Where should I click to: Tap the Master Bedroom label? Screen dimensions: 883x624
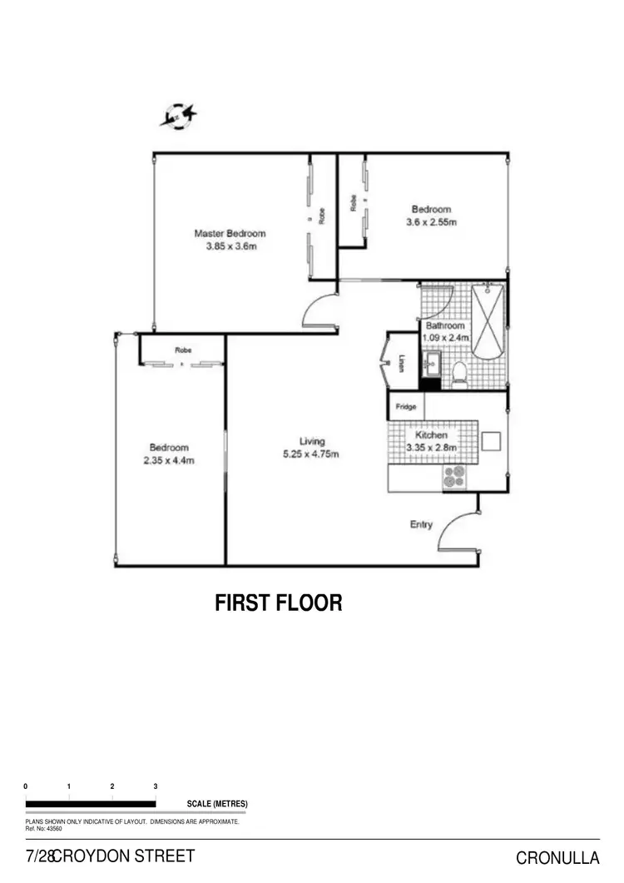tap(230, 233)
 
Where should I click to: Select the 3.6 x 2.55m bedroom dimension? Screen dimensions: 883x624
tap(431, 222)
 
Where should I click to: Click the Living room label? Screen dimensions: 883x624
tap(313, 441)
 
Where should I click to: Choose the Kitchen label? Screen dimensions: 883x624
tap(431, 434)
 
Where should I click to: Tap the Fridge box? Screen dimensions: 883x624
tap(406, 407)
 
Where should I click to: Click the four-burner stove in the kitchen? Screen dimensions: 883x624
tap(453, 476)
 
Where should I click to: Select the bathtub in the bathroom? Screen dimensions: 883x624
tap(488, 321)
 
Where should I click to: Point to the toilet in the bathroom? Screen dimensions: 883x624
tap(459, 376)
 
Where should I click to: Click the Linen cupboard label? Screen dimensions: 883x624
tap(402, 365)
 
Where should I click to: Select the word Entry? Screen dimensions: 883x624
tap(421, 524)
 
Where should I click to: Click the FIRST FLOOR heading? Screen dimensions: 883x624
tap(279, 603)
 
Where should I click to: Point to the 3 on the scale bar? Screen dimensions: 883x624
tap(156, 786)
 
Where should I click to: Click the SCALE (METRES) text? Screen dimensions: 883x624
tap(217, 804)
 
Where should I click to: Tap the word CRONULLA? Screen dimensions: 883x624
tap(557, 858)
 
